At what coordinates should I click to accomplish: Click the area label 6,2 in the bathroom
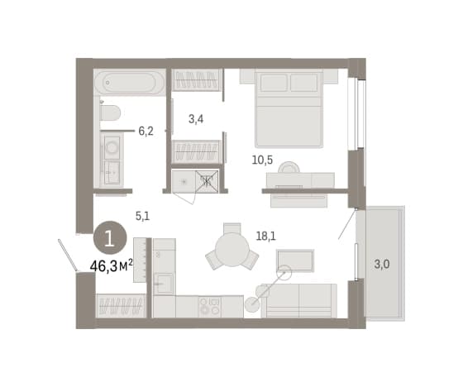pyautogui.click(x=146, y=131)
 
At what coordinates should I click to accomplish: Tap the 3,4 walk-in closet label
pyautogui.click(x=196, y=119)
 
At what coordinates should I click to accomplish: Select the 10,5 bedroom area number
pyautogui.click(x=262, y=160)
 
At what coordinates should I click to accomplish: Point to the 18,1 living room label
pyautogui.click(x=265, y=236)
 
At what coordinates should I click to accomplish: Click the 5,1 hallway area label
pyautogui.click(x=142, y=217)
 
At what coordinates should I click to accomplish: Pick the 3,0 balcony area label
pyautogui.click(x=382, y=264)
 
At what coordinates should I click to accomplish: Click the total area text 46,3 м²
pyautogui.click(x=112, y=266)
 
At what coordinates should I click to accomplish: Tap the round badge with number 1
pyautogui.click(x=110, y=237)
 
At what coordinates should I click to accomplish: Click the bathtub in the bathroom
pyautogui.click(x=129, y=83)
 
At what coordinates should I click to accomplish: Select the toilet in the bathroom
pyautogui.click(x=110, y=112)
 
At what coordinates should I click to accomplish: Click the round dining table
pyautogui.click(x=232, y=250)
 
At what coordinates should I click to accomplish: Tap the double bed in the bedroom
pyautogui.click(x=289, y=108)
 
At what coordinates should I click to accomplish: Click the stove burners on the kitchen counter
pyautogui.click(x=210, y=306)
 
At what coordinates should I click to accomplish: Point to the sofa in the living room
pyautogui.click(x=298, y=301)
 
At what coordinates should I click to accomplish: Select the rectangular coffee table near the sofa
pyautogui.click(x=295, y=260)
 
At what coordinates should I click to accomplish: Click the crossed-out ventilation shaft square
pyautogui.click(x=207, y=181)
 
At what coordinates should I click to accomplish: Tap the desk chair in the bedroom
pyautogui.click(x=289, y=167)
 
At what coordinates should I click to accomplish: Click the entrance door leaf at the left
pyautogui.click(x=68, y=256)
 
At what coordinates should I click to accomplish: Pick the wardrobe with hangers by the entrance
pyautogui.click(x=121, y=306)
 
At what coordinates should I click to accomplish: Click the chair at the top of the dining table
pyautogui.click(x=232, y=228)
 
